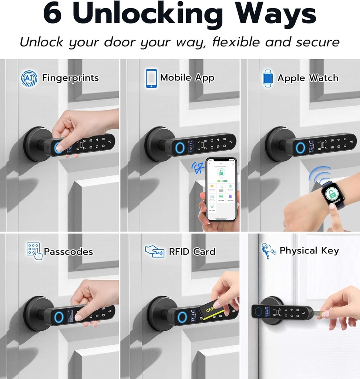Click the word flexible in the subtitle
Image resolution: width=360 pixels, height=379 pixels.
coord(236,42)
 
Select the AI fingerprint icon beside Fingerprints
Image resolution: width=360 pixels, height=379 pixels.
coord(29,78)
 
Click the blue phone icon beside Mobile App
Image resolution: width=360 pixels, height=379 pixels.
coord(151,78)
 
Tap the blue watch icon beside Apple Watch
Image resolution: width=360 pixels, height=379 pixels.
coord(268,78)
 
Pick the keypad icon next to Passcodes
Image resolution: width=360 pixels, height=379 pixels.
coord(34,251)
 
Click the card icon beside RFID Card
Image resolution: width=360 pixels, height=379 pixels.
coord(154,251)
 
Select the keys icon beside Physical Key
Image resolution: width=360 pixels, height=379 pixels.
coord(268,251)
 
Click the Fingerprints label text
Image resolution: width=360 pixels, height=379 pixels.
coord(70,78)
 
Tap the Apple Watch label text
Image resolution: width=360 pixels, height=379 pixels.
coord(308,78)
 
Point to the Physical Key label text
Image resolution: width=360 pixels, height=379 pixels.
coord(309,251)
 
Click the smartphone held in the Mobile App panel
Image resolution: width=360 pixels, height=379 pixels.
coord(221,189)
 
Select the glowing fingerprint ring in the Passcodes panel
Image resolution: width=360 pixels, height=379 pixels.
coord(59,316)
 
